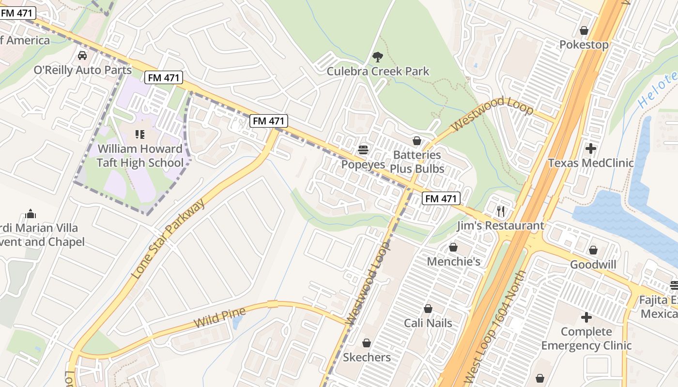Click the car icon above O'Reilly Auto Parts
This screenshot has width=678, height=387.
(82, 55)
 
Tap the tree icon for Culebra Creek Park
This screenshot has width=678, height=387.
(377, 57)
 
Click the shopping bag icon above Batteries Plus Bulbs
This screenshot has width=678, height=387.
(416, 141)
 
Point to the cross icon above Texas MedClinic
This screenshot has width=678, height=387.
(590, 149)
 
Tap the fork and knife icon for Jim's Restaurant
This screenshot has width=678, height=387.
(501, 211)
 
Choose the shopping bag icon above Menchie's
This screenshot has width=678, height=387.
(453, 247)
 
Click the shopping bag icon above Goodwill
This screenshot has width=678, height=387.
(593, 250)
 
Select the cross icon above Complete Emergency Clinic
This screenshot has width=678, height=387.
(586, 317)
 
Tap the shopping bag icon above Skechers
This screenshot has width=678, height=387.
(367, 343)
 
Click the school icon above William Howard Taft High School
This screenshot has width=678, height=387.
(140, 134)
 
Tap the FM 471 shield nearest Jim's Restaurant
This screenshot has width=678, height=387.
(440, 198)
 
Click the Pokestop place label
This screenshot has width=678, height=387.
(584, 45)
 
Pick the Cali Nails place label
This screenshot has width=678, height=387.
(428, 323)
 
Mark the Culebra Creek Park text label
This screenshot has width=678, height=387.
(378, 72)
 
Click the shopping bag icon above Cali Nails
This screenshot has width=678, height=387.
(428, 309)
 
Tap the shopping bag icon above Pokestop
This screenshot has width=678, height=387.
(584, 30)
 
